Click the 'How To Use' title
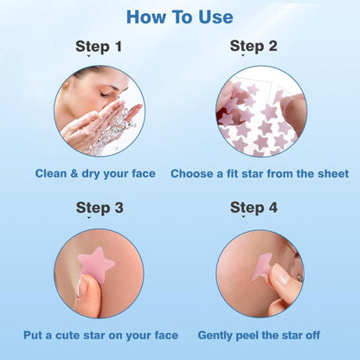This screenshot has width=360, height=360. [179, 16]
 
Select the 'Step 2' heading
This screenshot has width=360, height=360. [254, 46]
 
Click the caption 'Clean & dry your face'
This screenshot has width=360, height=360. [95, 173]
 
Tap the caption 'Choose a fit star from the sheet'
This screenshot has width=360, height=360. [260, 173]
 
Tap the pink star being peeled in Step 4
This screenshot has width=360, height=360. [264, 264]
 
